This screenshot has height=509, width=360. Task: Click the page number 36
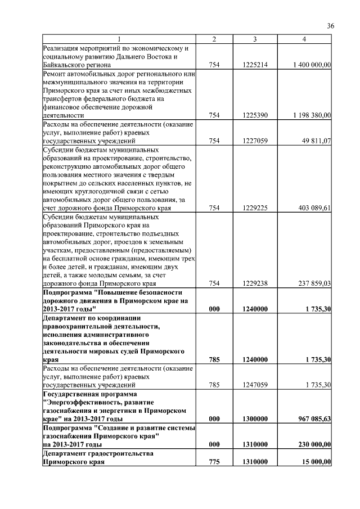[331, 26]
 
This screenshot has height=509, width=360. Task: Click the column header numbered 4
[304, 39]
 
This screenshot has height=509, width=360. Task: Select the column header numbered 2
[214, 39]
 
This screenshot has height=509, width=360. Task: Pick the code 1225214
[255, 66]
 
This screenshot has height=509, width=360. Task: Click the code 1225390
[255, 115]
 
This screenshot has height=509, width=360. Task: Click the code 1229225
[255, 208]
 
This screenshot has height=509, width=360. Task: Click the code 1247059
[255, 385]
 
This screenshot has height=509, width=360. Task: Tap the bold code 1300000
[255, 420]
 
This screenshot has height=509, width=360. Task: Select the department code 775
[214, 462]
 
